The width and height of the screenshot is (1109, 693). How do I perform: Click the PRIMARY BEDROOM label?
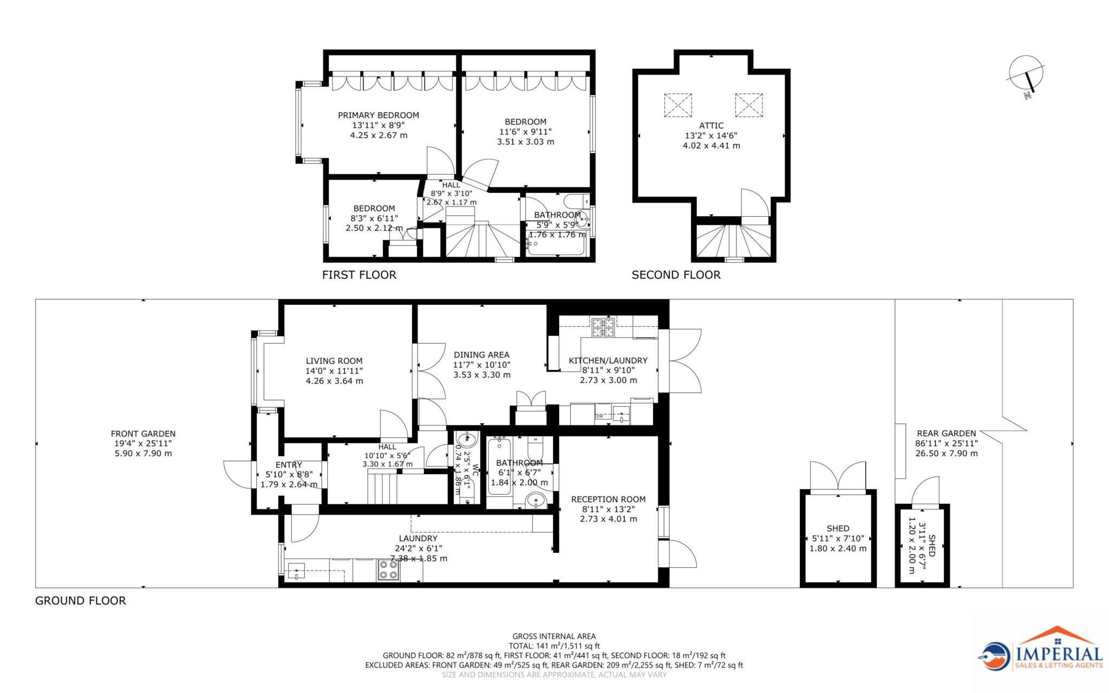[x=379, y=115]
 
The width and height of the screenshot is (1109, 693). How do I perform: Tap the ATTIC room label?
[x=711, y=126]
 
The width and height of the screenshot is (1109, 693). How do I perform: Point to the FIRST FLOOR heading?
[x=359, y=275]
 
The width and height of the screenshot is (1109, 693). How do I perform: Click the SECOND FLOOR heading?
[x=676, y=275]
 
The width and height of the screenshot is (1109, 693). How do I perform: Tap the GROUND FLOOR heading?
[x=80, y=600]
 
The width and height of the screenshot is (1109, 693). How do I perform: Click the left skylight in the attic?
[x=678, y=105]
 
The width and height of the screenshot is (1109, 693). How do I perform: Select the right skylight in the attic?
[x=749, y=105]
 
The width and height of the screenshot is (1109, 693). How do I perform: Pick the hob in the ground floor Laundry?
[x=388, y=570]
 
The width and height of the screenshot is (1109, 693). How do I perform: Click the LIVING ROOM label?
[x=334, y=361]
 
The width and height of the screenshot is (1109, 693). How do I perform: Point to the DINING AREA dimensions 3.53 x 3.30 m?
[x=481, y=375]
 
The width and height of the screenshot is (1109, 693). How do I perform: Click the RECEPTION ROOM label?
[x=608, y=499]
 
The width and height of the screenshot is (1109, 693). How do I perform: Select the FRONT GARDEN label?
[x=143, y=433]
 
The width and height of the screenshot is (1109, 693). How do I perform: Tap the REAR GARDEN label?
[x=946, y=433]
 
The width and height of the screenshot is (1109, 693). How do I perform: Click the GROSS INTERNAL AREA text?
[x=554, y=636]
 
